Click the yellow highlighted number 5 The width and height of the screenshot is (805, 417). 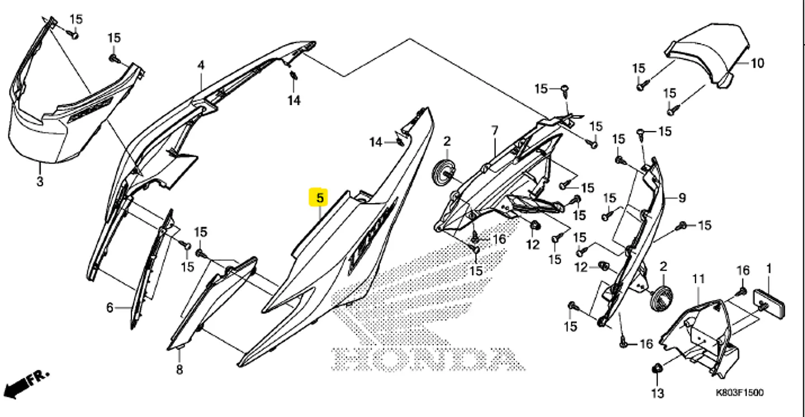(320, 198)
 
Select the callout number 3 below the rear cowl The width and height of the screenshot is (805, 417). (40, 181)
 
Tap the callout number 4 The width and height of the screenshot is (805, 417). (201, 65)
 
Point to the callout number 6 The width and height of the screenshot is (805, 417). (110, 308)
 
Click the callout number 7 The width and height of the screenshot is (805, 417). (495, 130)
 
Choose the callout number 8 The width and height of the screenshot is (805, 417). (179, 369)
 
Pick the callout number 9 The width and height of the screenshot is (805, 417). (682, 198)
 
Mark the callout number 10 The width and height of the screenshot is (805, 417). (757, 63)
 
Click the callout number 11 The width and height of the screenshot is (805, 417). (699, 279)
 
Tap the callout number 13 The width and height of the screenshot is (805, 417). (657, 393)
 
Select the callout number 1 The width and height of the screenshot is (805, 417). (769, 269)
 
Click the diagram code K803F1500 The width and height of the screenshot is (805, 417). (740, 392)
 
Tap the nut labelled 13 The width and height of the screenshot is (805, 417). (656, 368)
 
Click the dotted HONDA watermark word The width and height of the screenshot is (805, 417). (428, 359)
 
